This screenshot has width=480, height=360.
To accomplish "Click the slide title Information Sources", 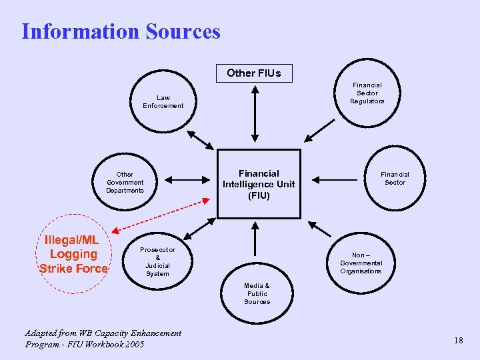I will click(x=121, y=31).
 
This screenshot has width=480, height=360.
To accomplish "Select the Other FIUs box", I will click(x=253, y=73).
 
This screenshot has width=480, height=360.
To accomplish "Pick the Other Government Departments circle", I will click(x=125, y=183).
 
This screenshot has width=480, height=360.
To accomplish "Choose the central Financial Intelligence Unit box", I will click(x=258, y=184).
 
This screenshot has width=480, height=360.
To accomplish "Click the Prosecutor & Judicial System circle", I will click(x=157, y=261).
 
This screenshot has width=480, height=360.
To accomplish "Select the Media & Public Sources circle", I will click(x=257, y=293).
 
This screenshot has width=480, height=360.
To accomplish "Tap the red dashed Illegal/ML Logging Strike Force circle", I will click(x=73, y=255).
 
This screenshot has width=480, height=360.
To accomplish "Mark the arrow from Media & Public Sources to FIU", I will click(x=253, y=239).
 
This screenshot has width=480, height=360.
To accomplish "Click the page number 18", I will click(x=458, y=341).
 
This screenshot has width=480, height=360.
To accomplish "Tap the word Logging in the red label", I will click(x=73, y=254).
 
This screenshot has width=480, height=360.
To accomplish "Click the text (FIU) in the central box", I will click(x=259, y=195).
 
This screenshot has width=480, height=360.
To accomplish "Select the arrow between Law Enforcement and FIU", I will click(x=201, y=140).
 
